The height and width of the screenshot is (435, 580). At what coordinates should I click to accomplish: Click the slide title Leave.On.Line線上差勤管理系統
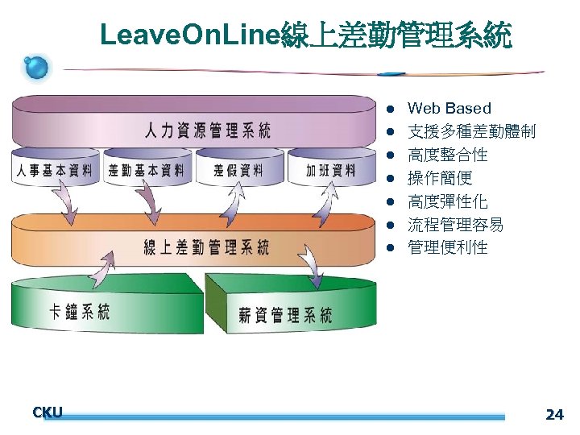point(305,35)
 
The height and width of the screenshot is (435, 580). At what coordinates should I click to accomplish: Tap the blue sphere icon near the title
point(36,68)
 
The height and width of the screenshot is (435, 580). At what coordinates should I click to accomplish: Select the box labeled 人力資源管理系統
point(207,130)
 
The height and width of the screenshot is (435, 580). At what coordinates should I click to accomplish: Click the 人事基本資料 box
point(54,170)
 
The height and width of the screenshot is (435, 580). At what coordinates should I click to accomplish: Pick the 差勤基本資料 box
point(146,170)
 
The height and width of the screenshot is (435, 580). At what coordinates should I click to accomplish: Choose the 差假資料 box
point(238,170)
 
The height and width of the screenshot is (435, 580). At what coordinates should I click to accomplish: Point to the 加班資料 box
point(329,170)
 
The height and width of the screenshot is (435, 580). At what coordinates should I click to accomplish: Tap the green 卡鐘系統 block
point(80,311)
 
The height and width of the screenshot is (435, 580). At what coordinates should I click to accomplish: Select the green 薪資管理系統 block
point(285,314)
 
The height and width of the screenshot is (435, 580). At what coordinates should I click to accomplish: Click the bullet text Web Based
point(449,108)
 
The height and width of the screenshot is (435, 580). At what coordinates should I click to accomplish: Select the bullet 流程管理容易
point(455,225)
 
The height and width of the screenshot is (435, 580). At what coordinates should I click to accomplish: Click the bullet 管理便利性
point(448,247)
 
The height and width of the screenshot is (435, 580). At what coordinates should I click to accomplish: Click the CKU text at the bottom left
point(48,412)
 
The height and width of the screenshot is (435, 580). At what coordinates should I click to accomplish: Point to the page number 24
point(554,415)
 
